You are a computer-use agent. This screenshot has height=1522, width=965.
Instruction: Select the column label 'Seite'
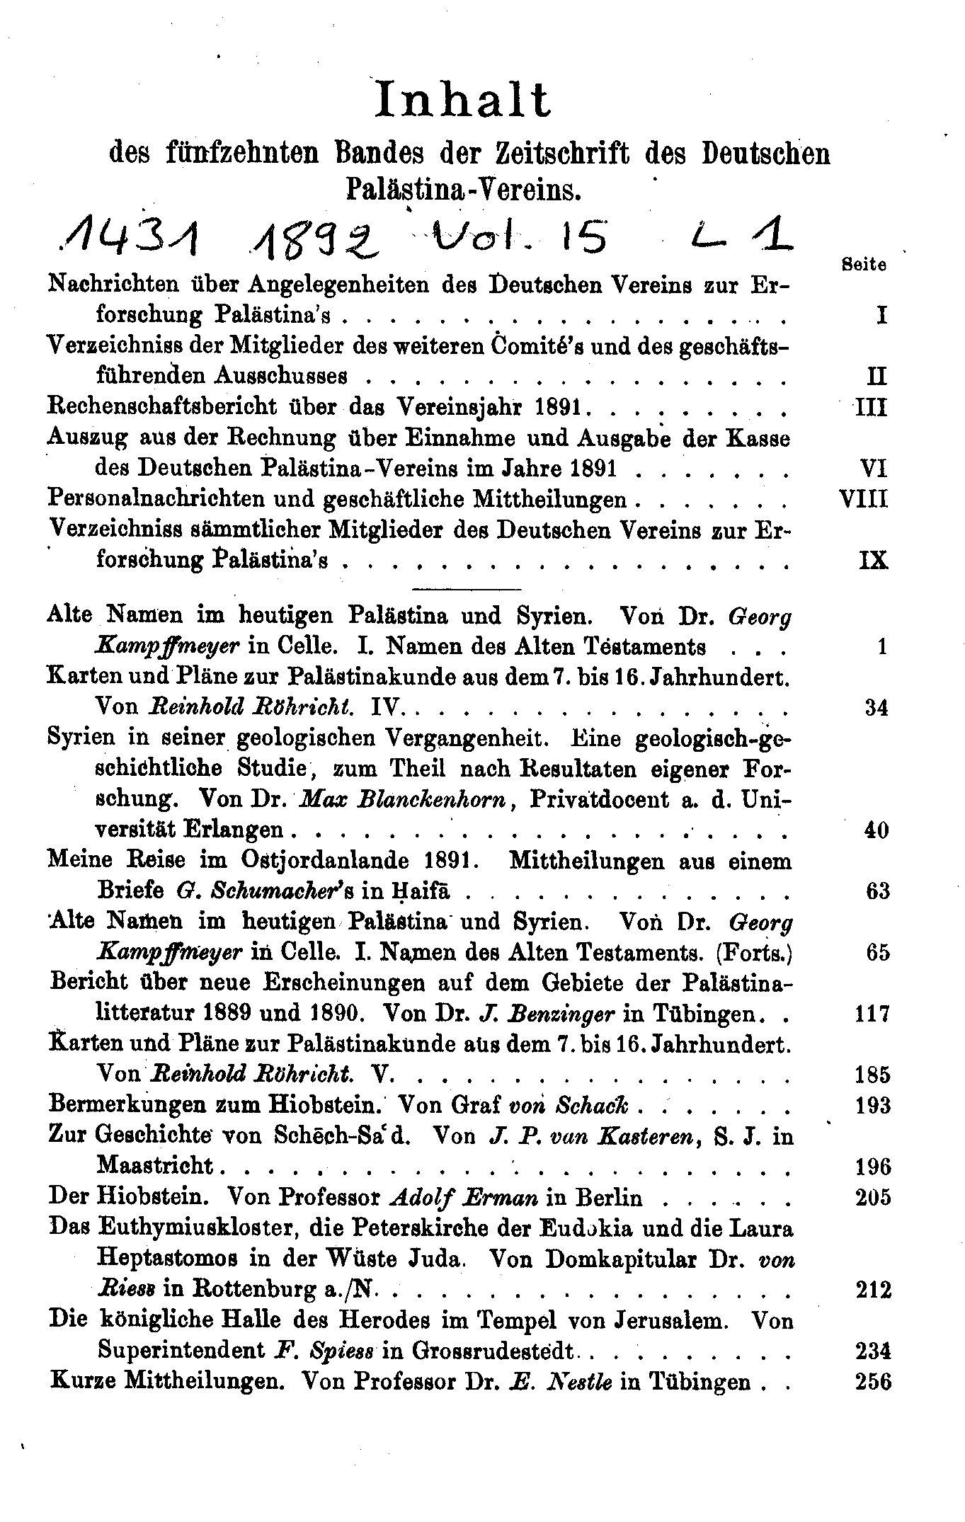tap(864, 265)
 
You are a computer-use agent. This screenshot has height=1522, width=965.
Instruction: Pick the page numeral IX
tap(873, 561)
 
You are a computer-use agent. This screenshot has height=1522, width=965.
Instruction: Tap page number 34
tap(877, 707)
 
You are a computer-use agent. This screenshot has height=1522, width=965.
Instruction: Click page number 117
tap(872, 1014)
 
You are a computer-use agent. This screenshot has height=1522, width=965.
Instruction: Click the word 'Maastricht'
tap(155, 1166)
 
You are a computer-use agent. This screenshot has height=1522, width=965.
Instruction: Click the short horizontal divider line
tap(466, 588)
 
